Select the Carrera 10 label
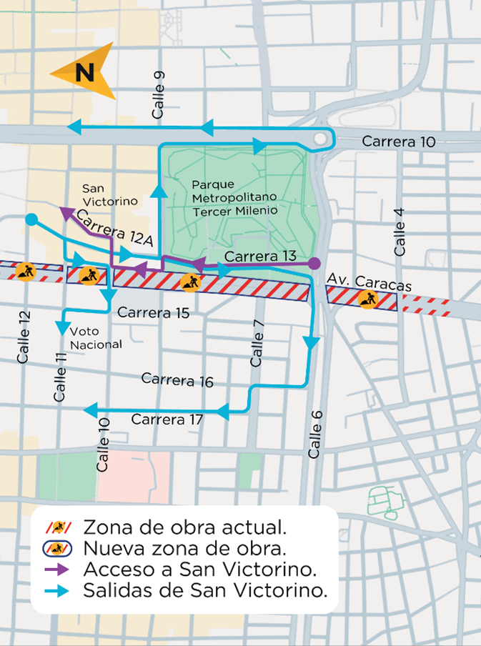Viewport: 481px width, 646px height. tap(398, 141)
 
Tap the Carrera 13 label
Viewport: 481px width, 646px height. tap(260, 256)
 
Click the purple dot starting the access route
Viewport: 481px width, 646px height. tap(313, 264)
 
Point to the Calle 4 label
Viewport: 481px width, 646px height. tap(400, 233)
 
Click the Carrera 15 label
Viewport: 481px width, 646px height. tap(154, 312)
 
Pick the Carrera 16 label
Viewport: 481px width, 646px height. tap(177, 379)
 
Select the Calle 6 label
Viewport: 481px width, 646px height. tap(315, 434)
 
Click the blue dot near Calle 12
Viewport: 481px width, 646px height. tap(31, 219)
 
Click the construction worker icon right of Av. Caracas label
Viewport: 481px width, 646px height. tap(369, 299)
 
